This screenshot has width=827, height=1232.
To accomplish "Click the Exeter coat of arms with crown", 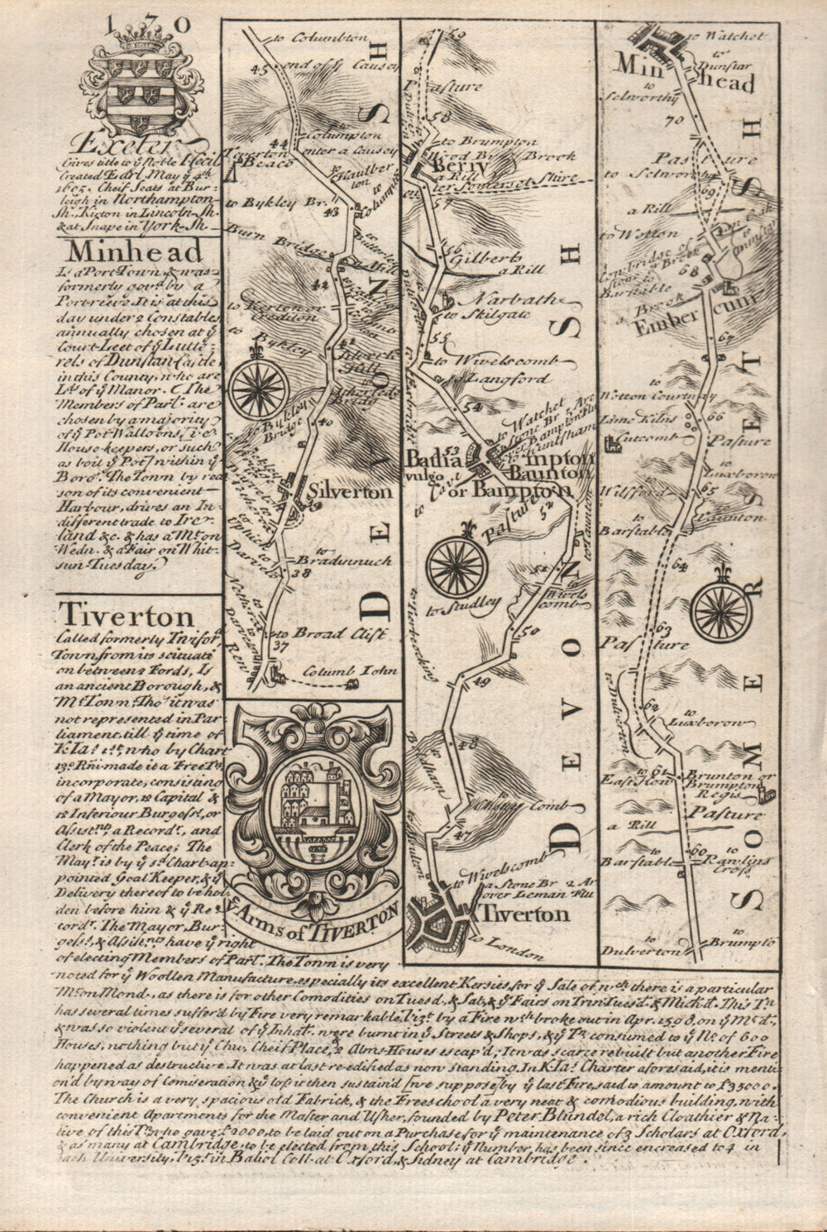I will click(136, 83).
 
